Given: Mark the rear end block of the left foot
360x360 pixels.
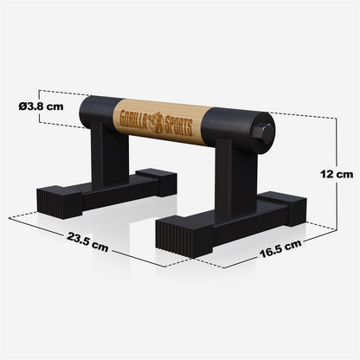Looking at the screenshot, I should [x=156, y=180].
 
